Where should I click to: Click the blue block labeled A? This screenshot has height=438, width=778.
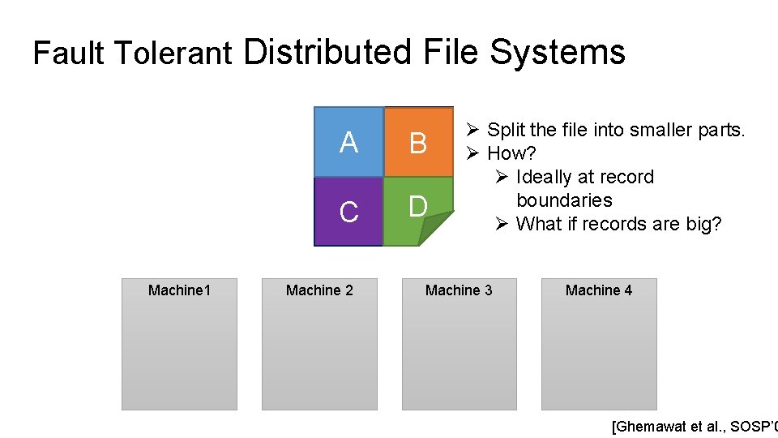coord(348,142)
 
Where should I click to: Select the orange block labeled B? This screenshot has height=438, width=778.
coord(418,142)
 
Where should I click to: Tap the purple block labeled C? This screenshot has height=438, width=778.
coord(348,211)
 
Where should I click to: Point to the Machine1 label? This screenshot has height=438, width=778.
coord(179,290)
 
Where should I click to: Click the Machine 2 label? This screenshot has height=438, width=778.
coord(319,290)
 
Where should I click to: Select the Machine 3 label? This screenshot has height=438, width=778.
coord(459,290)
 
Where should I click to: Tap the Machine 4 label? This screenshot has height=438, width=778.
coord(599,290)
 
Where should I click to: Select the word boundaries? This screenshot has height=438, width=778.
coord(564,200)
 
